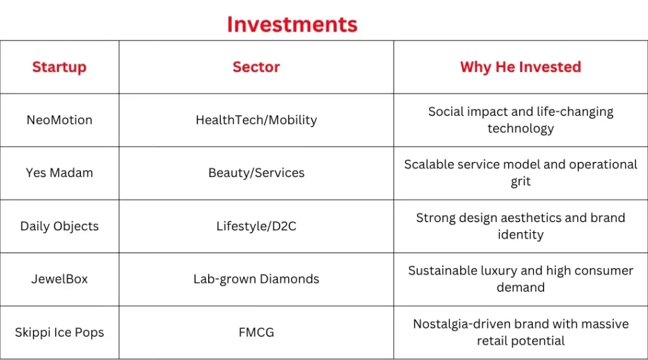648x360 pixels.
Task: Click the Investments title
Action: (292, 24)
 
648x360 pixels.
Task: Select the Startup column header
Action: (59, 67)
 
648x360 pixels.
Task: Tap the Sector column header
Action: (256, 67)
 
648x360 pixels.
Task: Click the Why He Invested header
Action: (520, 67)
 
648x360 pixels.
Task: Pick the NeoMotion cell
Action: (59, 120)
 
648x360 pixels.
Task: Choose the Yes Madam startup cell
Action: (59, 173)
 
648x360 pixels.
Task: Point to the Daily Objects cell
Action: (59, 226)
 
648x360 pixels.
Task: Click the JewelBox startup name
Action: (59, 279)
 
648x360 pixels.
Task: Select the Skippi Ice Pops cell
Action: (59, 332)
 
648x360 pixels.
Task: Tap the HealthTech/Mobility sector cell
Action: (256, 120)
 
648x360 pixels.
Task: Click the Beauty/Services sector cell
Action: (256, 173)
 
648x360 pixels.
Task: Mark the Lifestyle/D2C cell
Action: (256, 226)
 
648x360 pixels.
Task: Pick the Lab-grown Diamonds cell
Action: (256, 279)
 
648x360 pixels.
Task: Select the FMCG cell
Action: (256, 332)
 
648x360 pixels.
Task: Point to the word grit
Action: (520, 182)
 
